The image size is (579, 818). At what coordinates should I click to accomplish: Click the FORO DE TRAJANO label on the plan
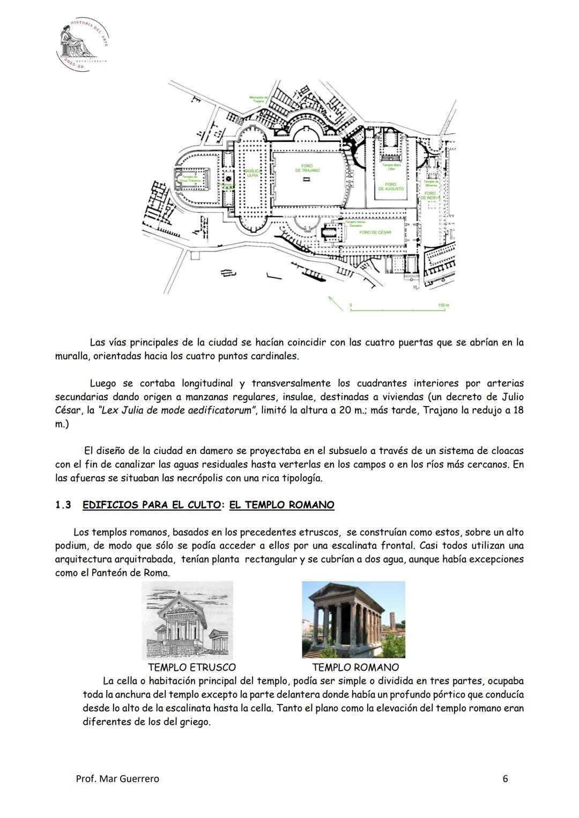click(307, 168)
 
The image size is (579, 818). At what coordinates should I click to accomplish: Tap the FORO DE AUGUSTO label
click(391, 186)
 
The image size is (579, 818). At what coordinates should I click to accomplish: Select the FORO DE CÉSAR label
click(375, 232)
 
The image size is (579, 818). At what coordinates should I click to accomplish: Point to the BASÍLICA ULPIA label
click(253, 173)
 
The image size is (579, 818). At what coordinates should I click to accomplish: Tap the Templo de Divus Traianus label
click(189, 178)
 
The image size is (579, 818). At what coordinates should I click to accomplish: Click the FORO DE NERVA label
click(430, 195)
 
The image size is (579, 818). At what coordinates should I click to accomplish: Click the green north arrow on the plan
click(336, 303)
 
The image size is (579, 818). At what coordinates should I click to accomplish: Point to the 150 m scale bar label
click(443, 305)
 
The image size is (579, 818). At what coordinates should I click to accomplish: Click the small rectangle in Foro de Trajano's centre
click(307, 181)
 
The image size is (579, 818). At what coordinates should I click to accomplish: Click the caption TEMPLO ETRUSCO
click(191, 667)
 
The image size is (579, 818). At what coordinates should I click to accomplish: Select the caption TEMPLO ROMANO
click(355, 667)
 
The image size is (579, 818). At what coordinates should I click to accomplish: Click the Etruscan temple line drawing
click(187, 620)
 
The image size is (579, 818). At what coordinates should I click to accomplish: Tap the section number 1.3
click(63, 505)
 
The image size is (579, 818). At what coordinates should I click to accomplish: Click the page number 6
click(505, 778)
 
